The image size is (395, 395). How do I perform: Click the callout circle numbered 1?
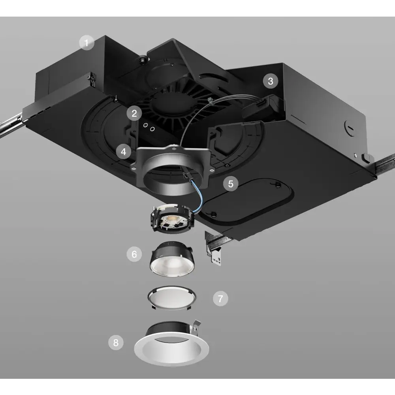(x=87, y=43)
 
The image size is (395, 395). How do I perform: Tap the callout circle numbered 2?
(x=134, y=113)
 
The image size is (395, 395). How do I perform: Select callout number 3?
(x=270, y=81)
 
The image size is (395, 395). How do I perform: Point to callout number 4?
(x=124, y=151)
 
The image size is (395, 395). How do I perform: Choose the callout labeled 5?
(x=231, y=183)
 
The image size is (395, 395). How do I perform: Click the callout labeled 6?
(x=134, y=254)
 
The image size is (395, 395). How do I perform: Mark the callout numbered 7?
(x=220, y=299)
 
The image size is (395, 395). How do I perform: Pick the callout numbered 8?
(x=116, y=342)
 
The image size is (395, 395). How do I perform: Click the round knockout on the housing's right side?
(x=349, y=128)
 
